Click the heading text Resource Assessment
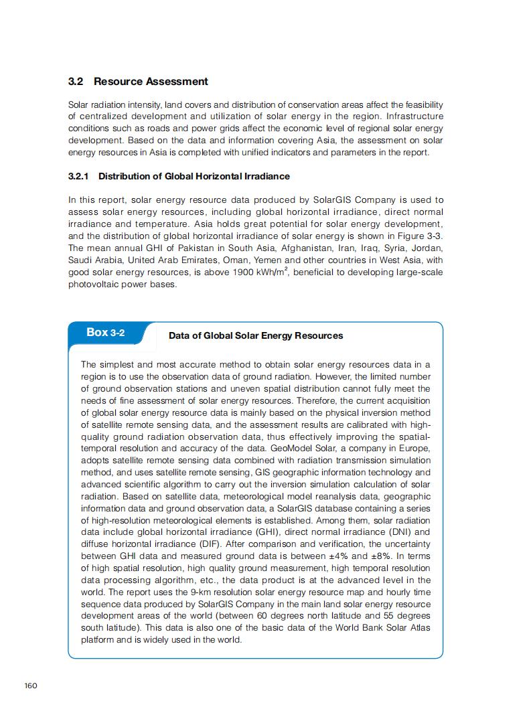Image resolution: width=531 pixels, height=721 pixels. [151, 82]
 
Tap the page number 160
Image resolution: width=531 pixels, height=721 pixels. [30, 685]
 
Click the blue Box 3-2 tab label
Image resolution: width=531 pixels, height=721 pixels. [105, 333]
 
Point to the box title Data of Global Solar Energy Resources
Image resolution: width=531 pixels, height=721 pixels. [256, 335]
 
